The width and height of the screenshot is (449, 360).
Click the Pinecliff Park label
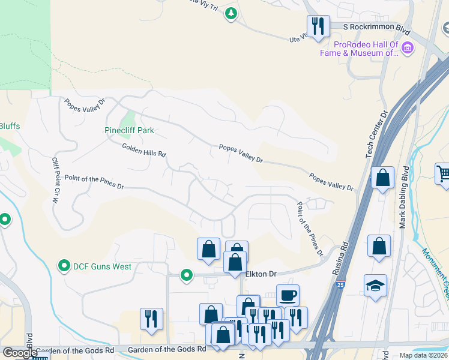tap(129, 130)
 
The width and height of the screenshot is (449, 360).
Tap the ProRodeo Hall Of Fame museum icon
tap(408, 47)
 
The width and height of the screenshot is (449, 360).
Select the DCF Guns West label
tap(102, 266)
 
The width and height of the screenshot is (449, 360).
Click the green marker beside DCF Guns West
tap(64, 265)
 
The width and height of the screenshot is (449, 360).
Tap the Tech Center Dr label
tap(376, 134)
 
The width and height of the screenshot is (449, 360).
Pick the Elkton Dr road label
tap(261, 274)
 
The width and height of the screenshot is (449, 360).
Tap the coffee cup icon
tap(288, 295)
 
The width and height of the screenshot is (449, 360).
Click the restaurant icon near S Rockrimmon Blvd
tap(318, 26)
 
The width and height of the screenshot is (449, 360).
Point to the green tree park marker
tap(231, 13)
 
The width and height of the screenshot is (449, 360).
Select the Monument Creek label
tap(435, 264)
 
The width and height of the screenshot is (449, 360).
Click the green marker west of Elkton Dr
tap(187, 275)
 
